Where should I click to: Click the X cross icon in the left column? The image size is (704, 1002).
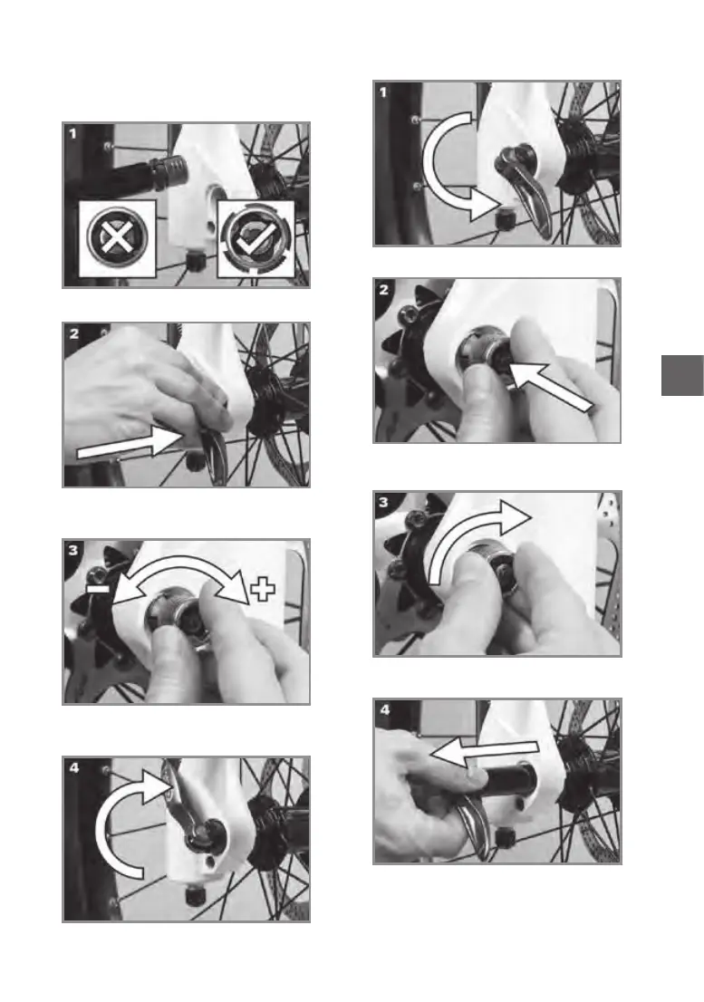click(x=117, y=238)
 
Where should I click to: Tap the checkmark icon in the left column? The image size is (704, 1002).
click(x=256, y=238)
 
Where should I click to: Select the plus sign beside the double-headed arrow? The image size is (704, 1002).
click(x=262, y=589)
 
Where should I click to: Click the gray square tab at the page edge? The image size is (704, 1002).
click(x=682, y=375)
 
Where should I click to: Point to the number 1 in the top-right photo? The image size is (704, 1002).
click(x=383, y=92)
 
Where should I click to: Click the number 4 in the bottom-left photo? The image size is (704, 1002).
click(x=74, y=767)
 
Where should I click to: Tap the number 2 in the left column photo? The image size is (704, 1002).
click(x=74, y=333)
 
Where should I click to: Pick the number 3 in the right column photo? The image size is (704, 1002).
click(x=383, y=502)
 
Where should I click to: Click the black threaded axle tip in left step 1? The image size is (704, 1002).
click(x=168, y=173)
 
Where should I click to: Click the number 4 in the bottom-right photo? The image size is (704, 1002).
click(x=384, y=710)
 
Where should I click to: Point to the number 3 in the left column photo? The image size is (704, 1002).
click(x=74, y=550)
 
